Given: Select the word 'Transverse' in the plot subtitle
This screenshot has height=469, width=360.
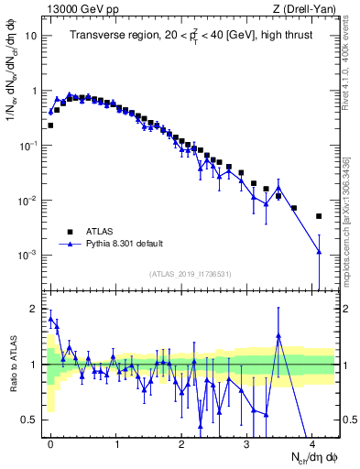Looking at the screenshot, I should point(99,37).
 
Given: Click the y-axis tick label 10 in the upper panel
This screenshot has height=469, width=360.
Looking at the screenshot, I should point(31,37).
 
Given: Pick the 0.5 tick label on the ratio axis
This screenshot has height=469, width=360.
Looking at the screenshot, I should point(29,420).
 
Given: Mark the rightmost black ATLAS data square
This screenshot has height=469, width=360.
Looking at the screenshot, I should point(319,216).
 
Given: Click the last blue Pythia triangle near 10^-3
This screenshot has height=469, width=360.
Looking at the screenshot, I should point(319,252).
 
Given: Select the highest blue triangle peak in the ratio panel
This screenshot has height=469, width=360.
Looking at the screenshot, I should point(278,335).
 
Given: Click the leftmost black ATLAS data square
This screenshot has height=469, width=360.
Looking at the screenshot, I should point(50,125).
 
